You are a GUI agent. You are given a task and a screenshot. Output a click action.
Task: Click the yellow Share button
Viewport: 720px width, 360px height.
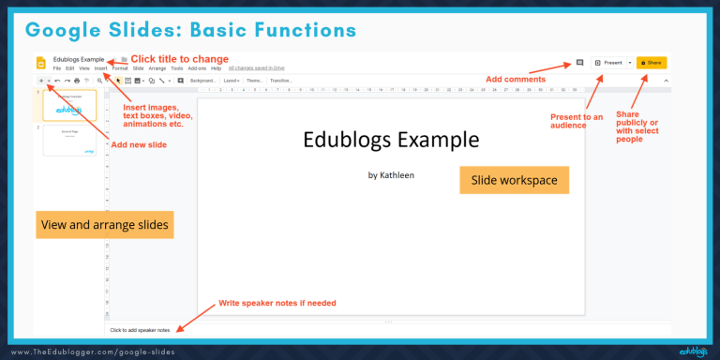[x=652, y=63]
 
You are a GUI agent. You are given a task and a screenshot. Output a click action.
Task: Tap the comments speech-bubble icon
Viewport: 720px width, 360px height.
[x=579, y=63]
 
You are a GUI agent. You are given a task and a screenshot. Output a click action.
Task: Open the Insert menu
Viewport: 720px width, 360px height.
[x=100, y=68]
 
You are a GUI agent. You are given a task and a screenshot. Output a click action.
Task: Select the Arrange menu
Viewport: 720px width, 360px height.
[x=157, y=68]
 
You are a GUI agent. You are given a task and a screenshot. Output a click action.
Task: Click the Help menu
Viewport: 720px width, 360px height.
[x=216, y=68]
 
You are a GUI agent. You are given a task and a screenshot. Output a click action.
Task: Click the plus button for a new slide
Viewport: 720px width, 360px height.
[x=40, y=81]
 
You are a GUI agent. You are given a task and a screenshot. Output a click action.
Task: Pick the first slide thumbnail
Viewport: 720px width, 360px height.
[x=69, y=105]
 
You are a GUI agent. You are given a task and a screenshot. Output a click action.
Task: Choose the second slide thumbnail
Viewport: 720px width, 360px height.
[x=69, y=140]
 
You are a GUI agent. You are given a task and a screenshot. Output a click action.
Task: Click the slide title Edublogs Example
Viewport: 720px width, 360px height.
[x=391, y=141]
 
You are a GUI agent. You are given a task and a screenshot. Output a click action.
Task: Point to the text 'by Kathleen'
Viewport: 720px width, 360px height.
[x=391, y=174]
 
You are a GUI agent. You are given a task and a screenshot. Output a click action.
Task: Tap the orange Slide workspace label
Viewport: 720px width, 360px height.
[x=514, y=180]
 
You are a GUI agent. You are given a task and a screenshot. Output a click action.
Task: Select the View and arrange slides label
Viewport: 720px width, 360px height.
[x=105, y=226]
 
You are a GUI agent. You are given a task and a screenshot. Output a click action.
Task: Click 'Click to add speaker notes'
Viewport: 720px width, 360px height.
[x=140, y=330]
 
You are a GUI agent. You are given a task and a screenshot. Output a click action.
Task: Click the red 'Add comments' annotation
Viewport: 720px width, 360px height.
[x=515, y=79]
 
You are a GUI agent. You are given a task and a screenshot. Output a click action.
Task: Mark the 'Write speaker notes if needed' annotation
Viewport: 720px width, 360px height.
[x=277, y=303]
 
